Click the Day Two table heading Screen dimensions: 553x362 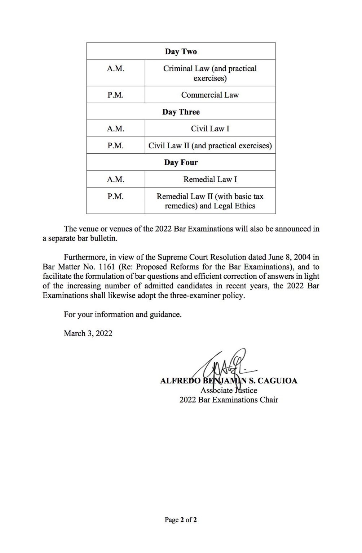(x=181, y=51)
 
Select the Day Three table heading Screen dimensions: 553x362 (x=181, y=112)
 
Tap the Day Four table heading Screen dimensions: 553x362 (x=181, y=162)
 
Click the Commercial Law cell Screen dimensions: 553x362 (x=210, y=95)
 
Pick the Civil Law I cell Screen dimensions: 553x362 (x=210, y=129)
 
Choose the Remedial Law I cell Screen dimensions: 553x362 (x=210, y=179)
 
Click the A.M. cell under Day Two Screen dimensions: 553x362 (x=115, y=69)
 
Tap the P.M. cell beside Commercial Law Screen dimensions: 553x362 (x=115, y=95)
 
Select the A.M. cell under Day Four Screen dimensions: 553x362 (x=115, y=179)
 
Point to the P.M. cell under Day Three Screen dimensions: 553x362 (x=115, y=145)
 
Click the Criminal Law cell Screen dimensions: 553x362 (x=210, y=73)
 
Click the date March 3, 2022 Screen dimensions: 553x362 (x=88, y=333)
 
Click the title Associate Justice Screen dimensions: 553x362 (x=229, y=390)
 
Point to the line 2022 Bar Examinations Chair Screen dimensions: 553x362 (x=229, y=400)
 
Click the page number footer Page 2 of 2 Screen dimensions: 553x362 (x=181, y=520)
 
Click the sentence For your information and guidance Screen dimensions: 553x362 (x=123, y=314)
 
